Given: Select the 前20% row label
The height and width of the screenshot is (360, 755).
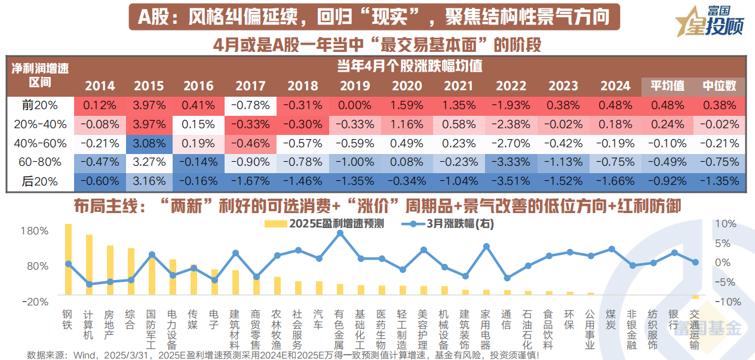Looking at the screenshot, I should tap(40, 105).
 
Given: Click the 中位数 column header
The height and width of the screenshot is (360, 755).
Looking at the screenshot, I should tap(719, 85).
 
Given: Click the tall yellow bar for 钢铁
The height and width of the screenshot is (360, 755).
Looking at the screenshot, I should tap(68, 259).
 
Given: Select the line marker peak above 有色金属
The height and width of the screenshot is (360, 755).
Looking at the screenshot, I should tap(340, 233).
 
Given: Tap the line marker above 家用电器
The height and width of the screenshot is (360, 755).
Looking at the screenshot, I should tap(486, 246).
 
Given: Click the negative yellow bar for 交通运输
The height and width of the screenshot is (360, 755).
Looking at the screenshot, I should tap(695, 297).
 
